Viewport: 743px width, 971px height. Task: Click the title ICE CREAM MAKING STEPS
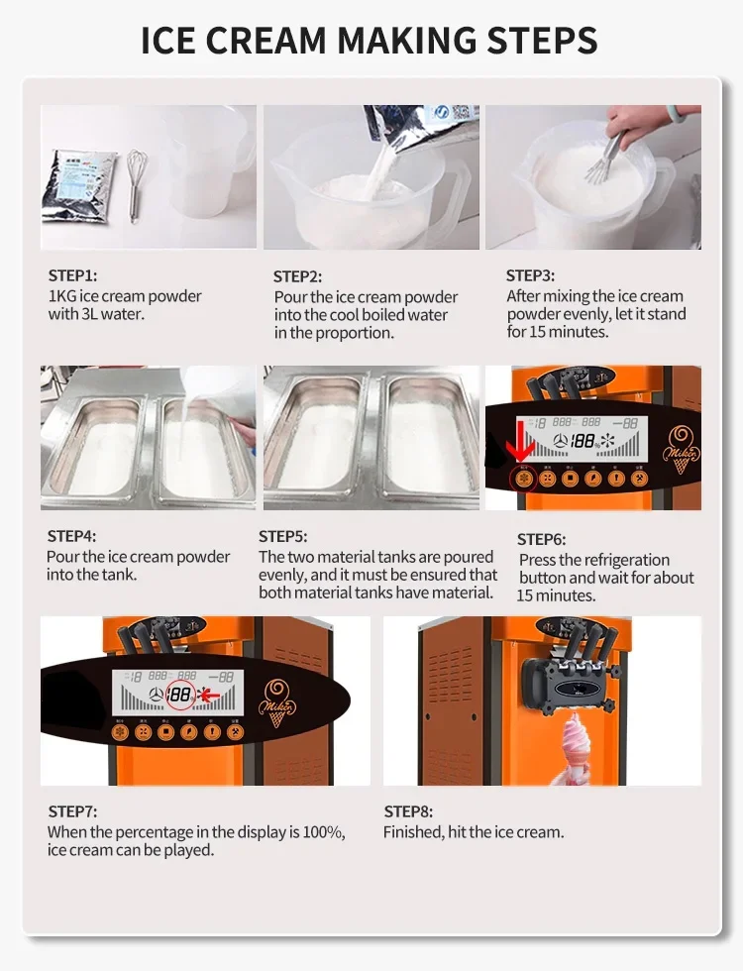coord(370,41)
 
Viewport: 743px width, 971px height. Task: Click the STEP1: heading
coord(73,276)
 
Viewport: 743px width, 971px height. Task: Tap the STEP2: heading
coord(297,277)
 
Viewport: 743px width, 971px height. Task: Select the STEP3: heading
coord(530,275)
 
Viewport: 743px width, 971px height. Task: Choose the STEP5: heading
coord(283,536)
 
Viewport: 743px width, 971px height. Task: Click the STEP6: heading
coord(542,539)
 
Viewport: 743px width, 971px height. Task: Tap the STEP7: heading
coord(72,811)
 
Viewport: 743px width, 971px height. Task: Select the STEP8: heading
coord(408,811)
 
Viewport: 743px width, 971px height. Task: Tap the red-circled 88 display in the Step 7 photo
coord(180,695)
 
